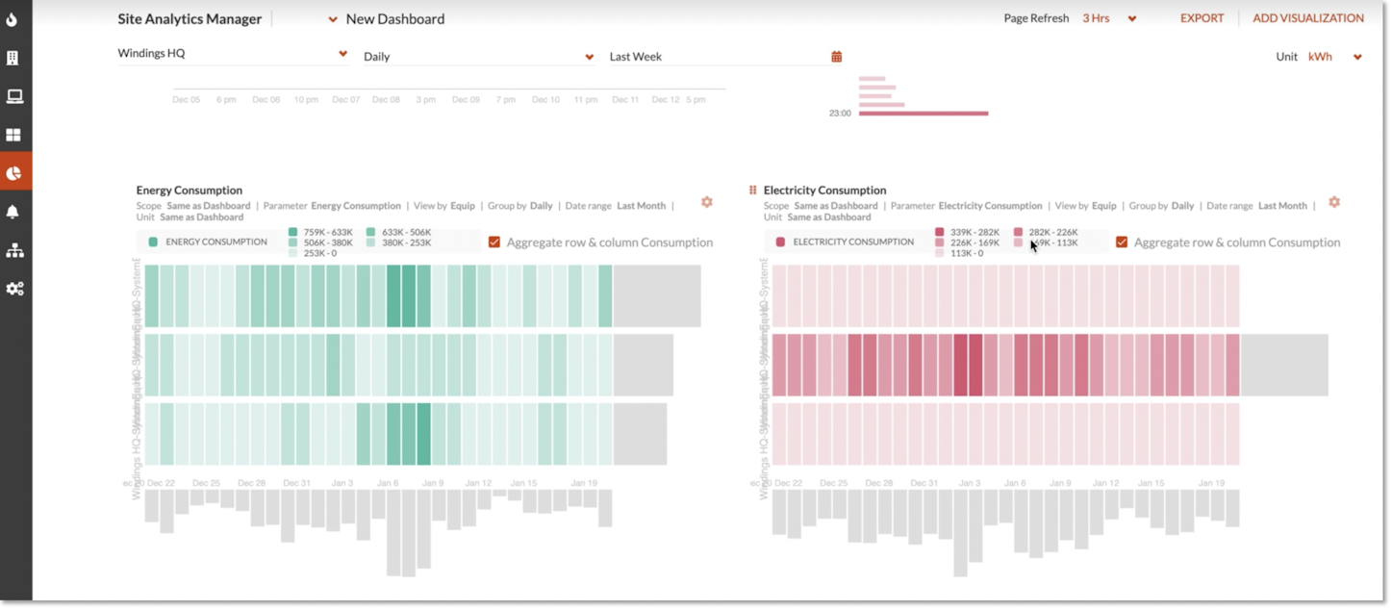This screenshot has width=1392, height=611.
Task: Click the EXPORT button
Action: (x=1202, y=18)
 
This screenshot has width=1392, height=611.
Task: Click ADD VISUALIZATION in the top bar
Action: (x=1307, y=18)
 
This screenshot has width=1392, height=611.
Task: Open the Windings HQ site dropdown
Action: (x=232, y=54)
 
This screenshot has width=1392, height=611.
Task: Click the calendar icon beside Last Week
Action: (x=837, y=57)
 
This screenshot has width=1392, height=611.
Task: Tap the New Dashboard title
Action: (x=394, y=19)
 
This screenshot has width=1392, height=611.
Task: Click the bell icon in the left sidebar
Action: (x=13, y=212)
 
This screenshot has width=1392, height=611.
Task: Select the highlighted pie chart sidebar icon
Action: (x=13, y=173)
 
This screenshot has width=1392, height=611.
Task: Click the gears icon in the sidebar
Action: (x=14, y=289)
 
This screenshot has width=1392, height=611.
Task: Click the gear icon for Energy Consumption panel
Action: (x=707, y=202)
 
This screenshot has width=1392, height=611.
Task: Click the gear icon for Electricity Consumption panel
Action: (x=1334, y=202)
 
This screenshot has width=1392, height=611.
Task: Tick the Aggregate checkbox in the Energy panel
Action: (x=494, y=242)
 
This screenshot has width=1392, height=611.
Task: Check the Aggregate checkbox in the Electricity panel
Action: (x=1122, y=242)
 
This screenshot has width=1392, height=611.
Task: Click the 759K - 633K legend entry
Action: (x=320, y=232)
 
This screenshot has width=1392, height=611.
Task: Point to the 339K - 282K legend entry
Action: (x=967, y=232)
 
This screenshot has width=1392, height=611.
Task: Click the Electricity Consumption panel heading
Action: (x=824, y=191)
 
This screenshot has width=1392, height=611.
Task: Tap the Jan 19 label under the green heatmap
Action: (x=584, y=483)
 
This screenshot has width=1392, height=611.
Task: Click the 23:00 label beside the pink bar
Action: (x=840, y=114)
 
